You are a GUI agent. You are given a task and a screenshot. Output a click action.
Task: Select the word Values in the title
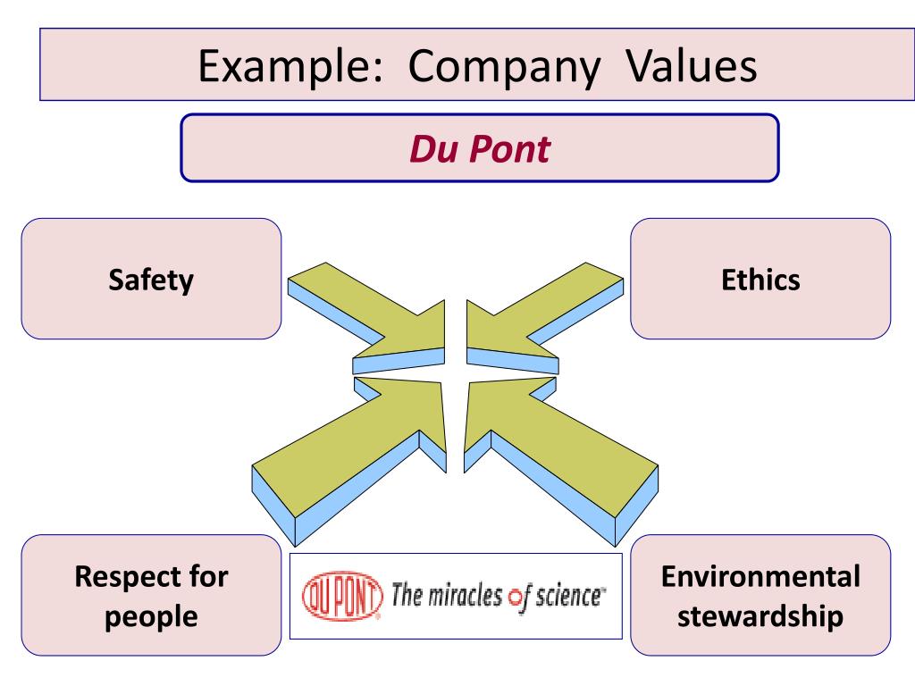(684, 68)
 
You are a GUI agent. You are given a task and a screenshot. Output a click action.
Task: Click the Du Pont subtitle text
(479, 149)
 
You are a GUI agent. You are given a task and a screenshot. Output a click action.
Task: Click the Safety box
(151, 279)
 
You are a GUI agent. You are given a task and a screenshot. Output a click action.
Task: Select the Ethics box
(760, 279)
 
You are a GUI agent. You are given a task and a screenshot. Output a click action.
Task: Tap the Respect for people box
(151, 596)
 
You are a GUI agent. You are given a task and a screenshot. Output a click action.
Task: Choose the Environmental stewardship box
(760, 596)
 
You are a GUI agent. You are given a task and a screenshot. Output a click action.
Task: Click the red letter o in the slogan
(513, 598)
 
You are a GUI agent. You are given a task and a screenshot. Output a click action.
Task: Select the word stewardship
(760, 616)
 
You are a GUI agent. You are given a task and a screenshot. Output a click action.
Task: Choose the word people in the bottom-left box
(151, 616)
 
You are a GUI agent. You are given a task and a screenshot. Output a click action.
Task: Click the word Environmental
(760, 576)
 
